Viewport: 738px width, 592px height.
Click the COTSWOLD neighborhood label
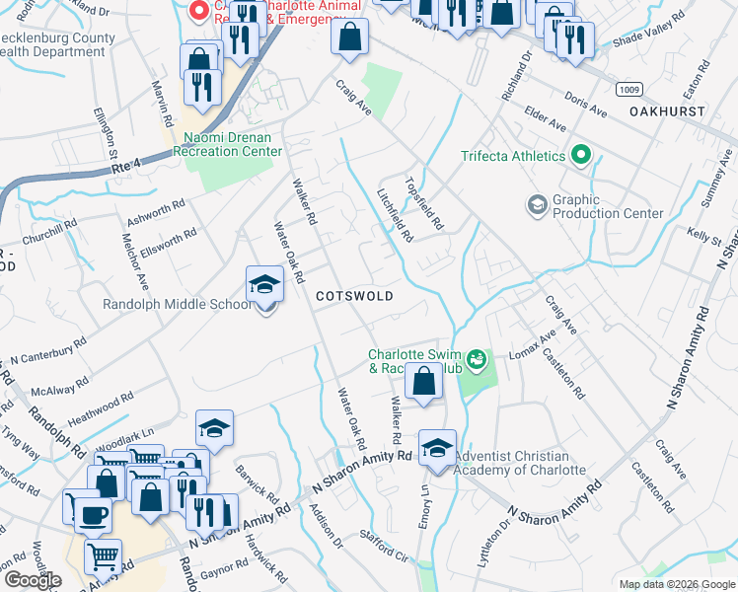(x=354, y=296)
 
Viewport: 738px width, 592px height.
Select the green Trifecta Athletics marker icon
(x=581, y=156)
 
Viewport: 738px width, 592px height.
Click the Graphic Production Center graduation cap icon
(x=538, y=205)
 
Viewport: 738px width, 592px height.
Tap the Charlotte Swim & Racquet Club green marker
(x=477, y=359)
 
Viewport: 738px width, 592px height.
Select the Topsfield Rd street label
(x=425, y=200)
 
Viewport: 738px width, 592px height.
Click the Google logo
(x=32, y=580)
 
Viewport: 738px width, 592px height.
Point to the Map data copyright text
(x=675, y=584)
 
